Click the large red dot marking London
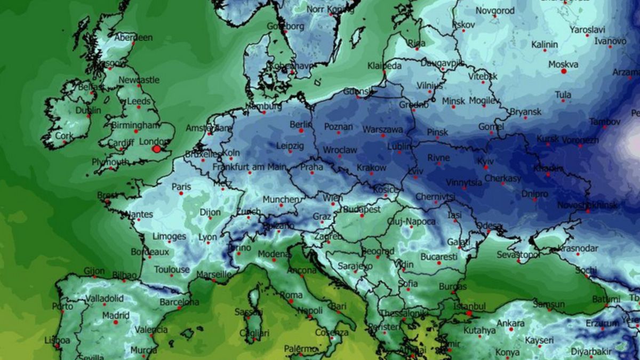point(156,149)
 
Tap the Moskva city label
point(563,64)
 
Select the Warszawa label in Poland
point(382,129)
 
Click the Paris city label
point(181,187)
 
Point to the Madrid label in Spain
point(116,315)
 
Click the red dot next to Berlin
point(301,130)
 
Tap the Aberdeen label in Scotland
point(133,38)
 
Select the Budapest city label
point(362,210)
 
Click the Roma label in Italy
point(291,295)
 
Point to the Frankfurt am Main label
point(249,167)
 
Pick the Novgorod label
point(495,11)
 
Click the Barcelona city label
point(179,302)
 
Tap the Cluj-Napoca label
point(412,221)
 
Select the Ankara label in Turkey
point(510,323)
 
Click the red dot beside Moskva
point(563,71)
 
